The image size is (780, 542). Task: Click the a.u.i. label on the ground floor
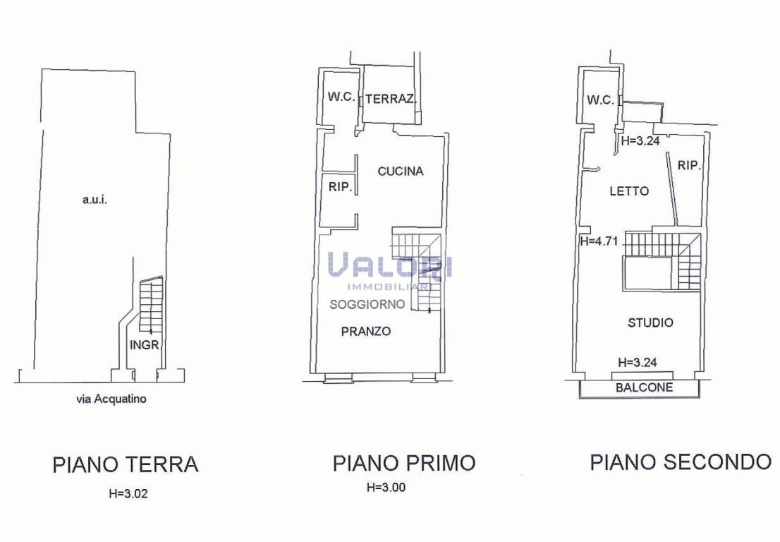(95, 200)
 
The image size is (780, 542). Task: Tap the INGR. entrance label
(145, 344)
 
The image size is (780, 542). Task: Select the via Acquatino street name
(111, 399)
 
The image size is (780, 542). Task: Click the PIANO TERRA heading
(126, 464)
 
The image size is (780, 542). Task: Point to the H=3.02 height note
(128, 494)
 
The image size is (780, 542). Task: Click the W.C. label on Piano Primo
(341, 97)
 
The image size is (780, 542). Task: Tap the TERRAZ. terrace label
(391, 99)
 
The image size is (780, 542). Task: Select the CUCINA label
(401, 171)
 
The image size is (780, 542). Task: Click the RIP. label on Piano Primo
(340, 187)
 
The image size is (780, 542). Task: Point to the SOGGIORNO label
(367, 304)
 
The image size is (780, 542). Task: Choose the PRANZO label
(365, 331)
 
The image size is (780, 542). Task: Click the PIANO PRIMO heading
(404, 463)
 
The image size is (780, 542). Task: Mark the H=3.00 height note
(386, 487)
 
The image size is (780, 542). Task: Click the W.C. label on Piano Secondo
(600, 100)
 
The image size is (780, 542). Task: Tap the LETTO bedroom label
(629, 191)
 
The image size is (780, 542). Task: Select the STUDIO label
(650, 323)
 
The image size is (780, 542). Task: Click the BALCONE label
(644, 387)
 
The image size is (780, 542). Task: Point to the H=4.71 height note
(599, 241)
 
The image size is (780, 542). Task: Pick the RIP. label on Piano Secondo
(690, 165)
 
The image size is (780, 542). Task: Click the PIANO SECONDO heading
(681, 462)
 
